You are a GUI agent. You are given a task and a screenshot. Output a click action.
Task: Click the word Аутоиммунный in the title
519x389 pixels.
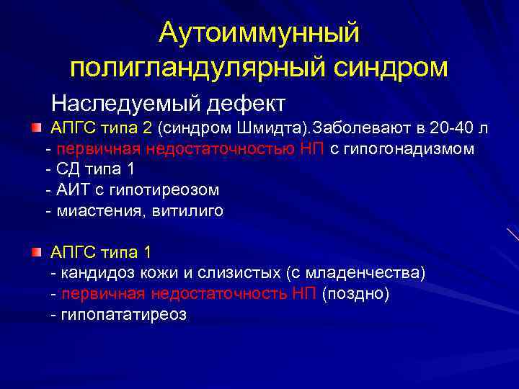click(259, 32)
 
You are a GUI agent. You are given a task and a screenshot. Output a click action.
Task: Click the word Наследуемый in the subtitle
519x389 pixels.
click(126, 102)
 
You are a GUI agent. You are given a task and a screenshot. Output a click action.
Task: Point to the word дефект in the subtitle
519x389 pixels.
click(246, 102)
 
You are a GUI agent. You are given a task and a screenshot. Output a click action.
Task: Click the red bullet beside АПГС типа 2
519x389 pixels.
click(36, 128)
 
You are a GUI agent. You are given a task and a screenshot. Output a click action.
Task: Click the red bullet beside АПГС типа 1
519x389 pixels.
click(36, 253)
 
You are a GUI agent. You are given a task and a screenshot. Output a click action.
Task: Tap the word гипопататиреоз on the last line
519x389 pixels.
click(123, 315)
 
